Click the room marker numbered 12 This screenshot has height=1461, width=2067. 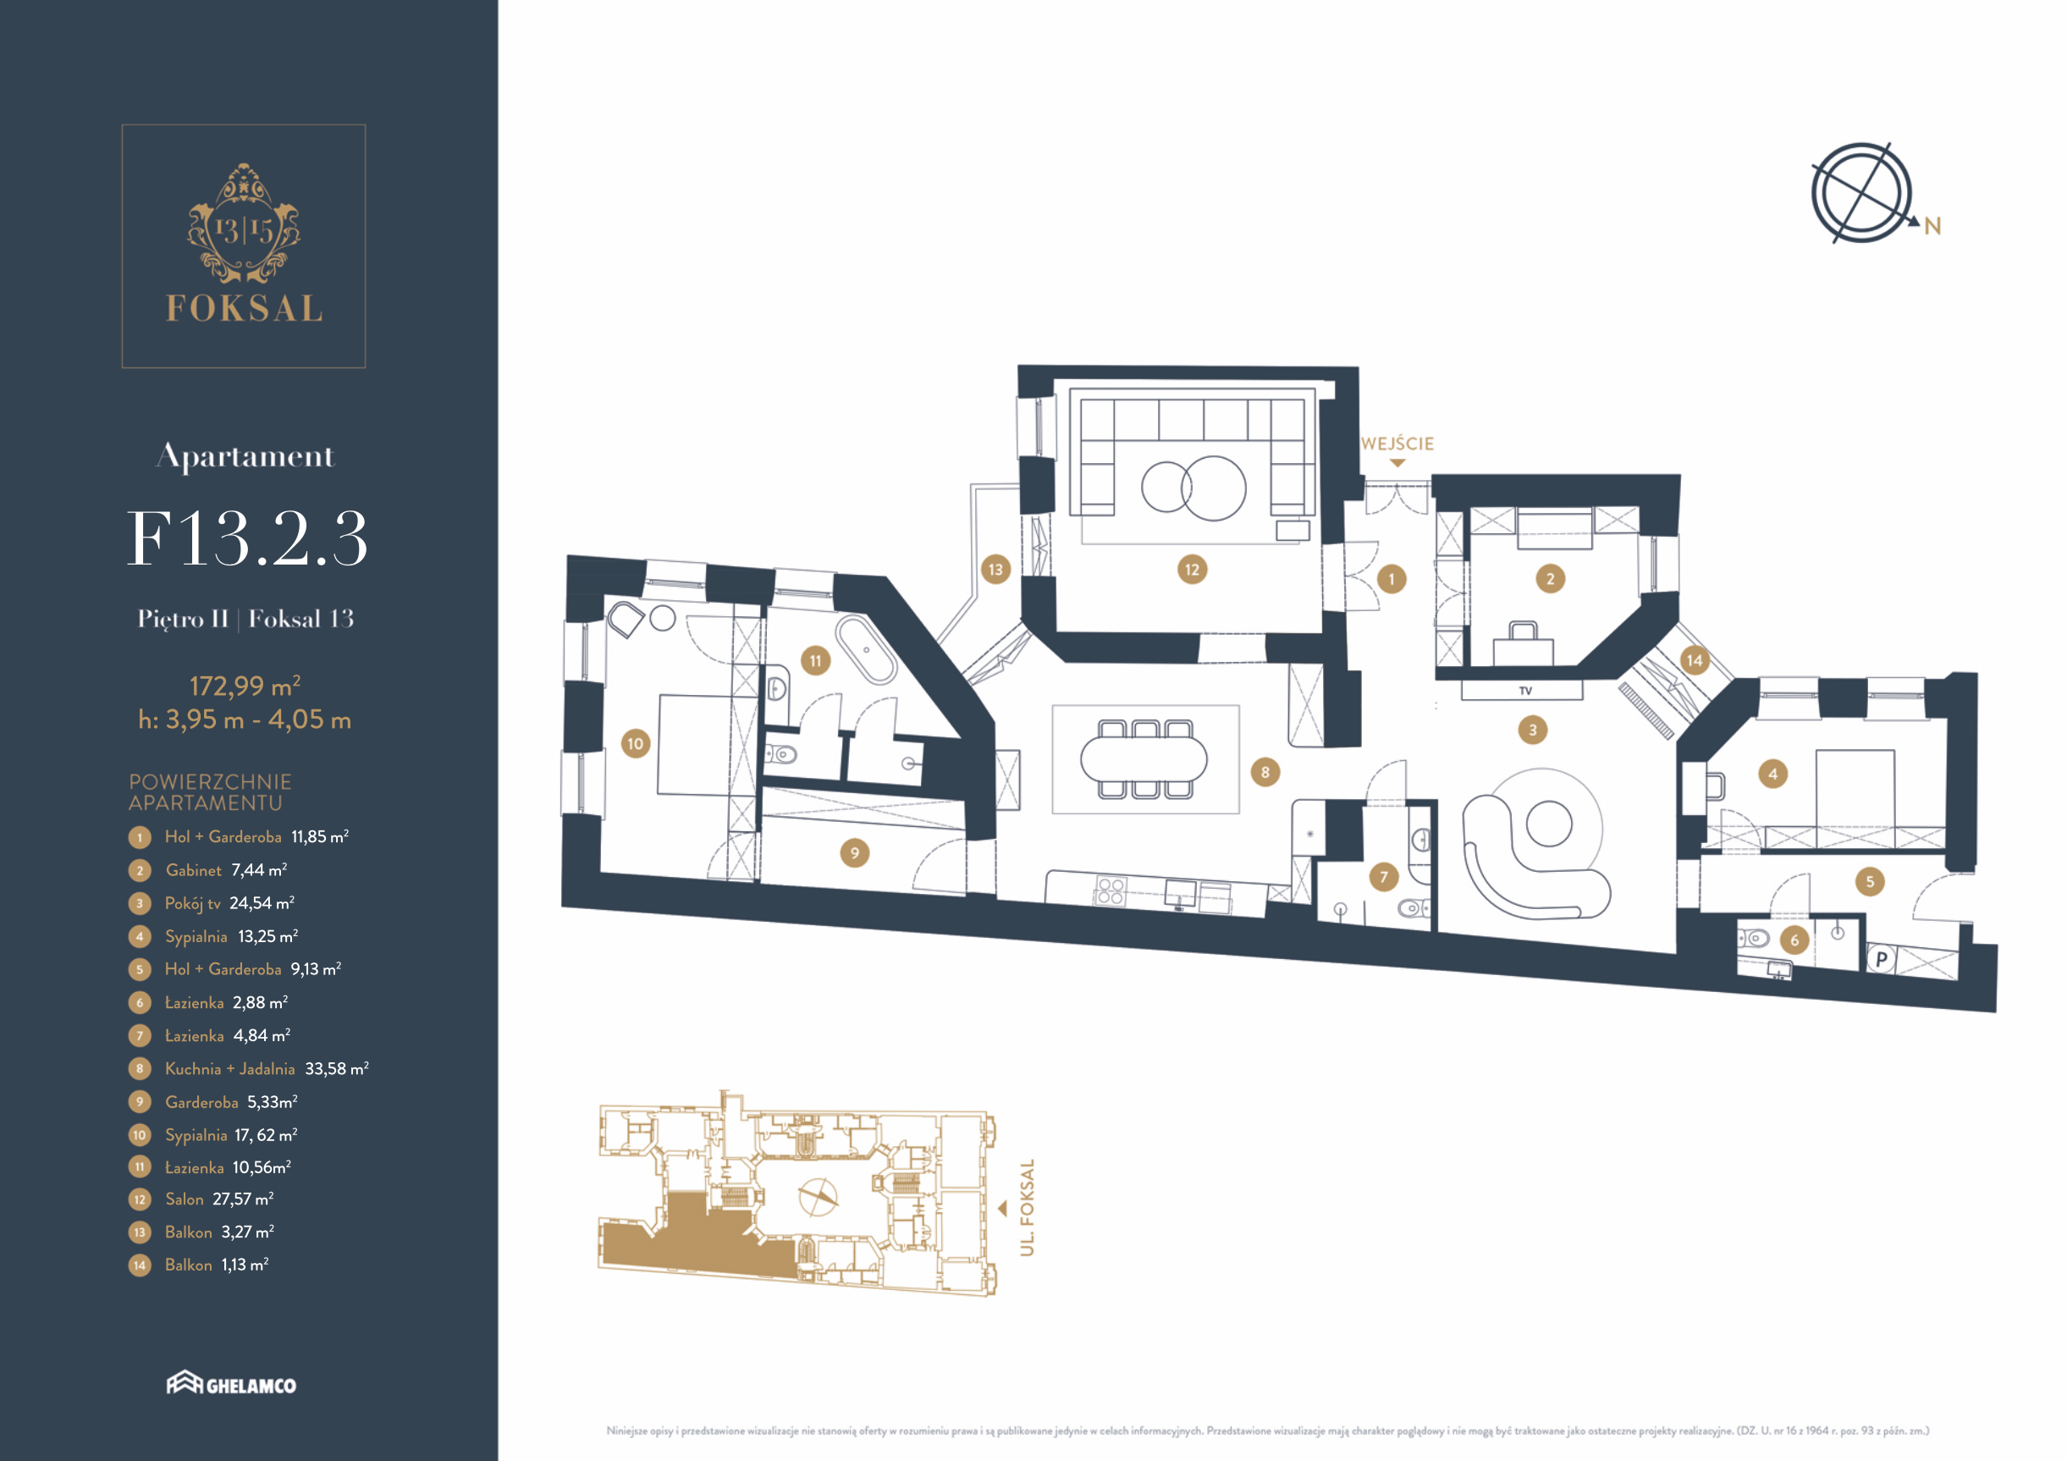pyautogui.click(x=1192, y=569)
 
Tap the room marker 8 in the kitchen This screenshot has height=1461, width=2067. pyautogui.click(x=1265, y=771)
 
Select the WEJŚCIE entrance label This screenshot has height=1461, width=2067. pyautogui.click(x=1397, y=444)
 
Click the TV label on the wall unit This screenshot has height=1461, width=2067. pyautogui.click(x=1525, y=691)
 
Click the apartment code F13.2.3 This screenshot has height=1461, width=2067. pyautogui.click(x=246, y=538)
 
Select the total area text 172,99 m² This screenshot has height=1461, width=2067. pyautogui.click(x=245, y=686)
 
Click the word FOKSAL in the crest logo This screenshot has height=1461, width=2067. pyautogui.click(x=244, y=308)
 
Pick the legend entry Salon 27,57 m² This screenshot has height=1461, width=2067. pyautogui.click(x=218, y=1199)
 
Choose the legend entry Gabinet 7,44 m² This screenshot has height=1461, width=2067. pyautogui.click(x=226, y=869)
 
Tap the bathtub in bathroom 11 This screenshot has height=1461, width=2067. pyautogui.click(x=866, y=650)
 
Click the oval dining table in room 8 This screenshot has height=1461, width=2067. pyautogui.click(x=1144, y=758)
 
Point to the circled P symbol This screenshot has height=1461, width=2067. pyautogui.click(x=1881, y=960)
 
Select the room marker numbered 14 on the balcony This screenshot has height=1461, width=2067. pyautogui.click(x=1695, y=660)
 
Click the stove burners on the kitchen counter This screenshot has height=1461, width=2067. pyautogui.click(x=1110, y=890)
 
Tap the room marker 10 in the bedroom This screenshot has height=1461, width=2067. pyautogui.click(x=636, y=743)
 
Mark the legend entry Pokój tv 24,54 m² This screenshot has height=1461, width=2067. pyautogui.click(x=229, y=903)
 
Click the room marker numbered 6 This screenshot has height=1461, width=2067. pyautogui.click(x=1794, y=940)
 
